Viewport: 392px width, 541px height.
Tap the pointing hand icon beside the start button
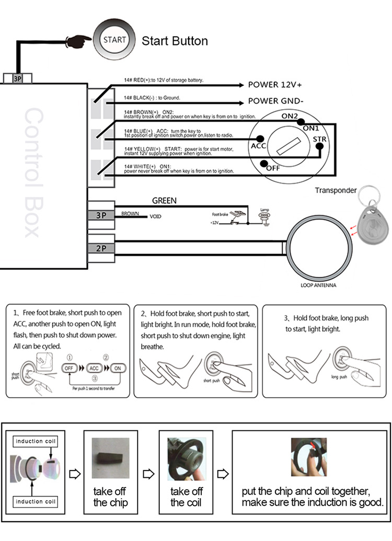tap(78, 40)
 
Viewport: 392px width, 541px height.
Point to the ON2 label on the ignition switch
tap(290, 116)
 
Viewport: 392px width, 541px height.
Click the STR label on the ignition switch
tap(319, 139)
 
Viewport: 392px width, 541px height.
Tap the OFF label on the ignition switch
tap(273, 168)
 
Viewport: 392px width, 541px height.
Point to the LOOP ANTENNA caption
tap(318, 285)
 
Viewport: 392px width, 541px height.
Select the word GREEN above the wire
tap(164, 200)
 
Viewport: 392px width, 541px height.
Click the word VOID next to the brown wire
tap(156, 216)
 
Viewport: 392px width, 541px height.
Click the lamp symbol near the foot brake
tap(264, 214)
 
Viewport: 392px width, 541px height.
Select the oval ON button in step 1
tap(118, 367)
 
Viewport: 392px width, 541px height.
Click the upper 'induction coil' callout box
tap(36, 441)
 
